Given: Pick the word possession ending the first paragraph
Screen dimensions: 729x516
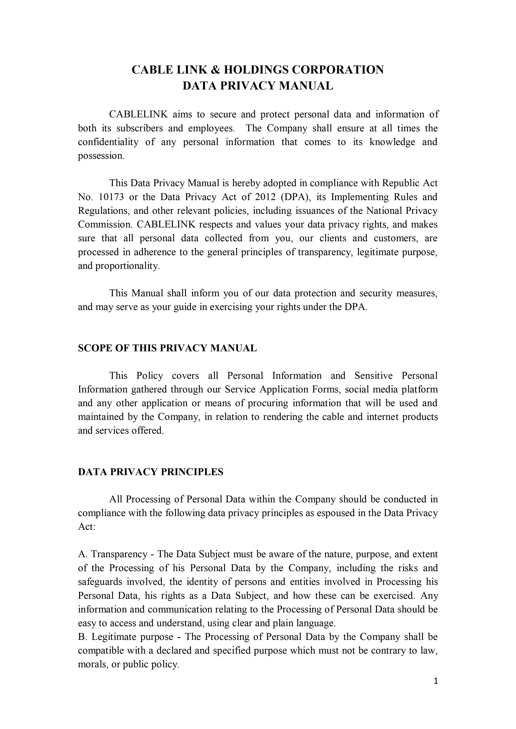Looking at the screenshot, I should (x=101, y=156).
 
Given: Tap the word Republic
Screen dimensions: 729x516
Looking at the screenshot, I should (x=399, y=183).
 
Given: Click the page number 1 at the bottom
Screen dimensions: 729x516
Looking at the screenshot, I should (x=436, y=690).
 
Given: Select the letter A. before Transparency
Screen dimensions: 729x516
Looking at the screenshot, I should (x=82, y=554).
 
